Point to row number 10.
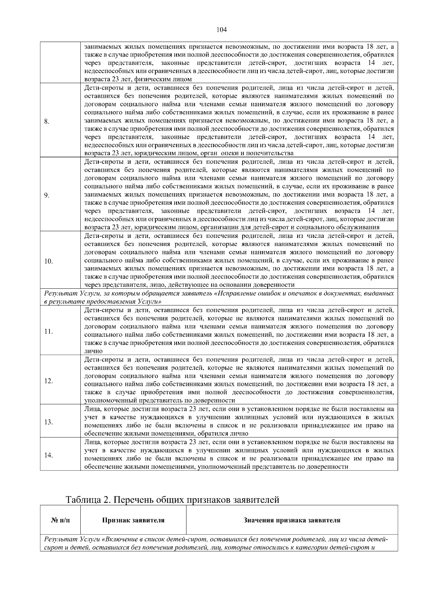click(x=48, y=262)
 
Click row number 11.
click(x=48, y=331)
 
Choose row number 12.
click(x=48, y=381)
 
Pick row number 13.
click(x=48, y=422)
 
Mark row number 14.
click(x=48, y=455)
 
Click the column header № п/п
click(x=60, y=520)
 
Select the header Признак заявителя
click(x=133, y=520)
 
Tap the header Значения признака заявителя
click(x=292, y=520)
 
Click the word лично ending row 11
click(x=93, y=351)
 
